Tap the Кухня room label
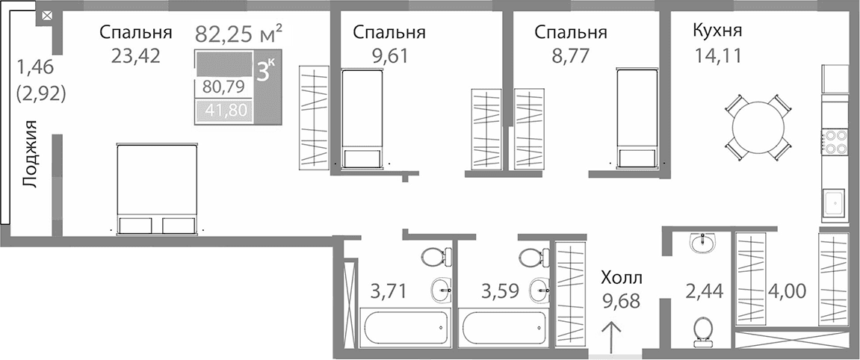[717, 31]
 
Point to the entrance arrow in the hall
[612, 336]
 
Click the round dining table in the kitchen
[759, 128]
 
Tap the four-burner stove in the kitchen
[834, 141]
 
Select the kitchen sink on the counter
[834, 201]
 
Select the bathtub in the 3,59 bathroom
[502, 327]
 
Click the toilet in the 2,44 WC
[702, 332]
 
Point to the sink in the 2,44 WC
[702, 242]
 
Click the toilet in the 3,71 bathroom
[436, 257]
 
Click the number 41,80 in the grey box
[223, 112]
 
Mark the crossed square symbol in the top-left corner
[46, 14]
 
